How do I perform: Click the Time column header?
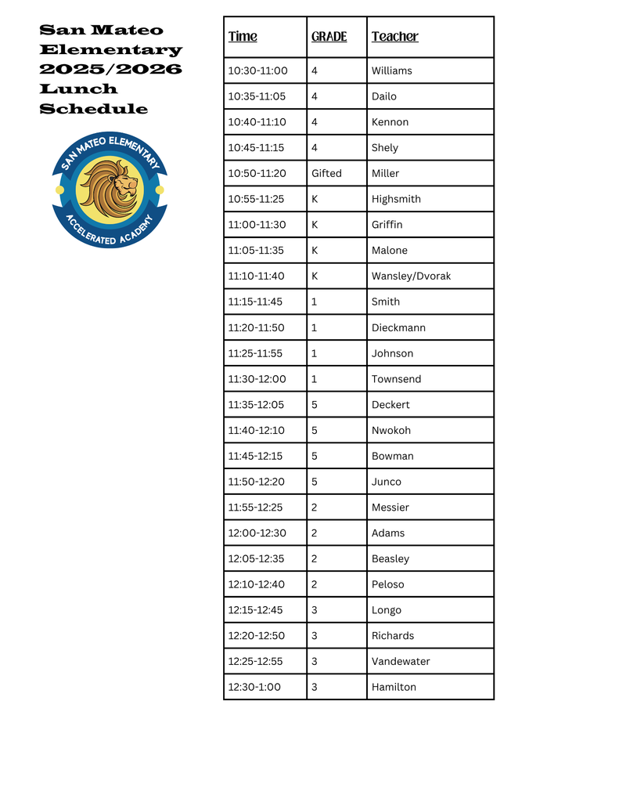(243, 37)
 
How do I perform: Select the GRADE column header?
(329, 37)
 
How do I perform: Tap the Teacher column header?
(394, 37)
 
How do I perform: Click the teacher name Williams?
(391, 70)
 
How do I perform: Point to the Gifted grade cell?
(326, 173)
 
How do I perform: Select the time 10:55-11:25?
(257, 199)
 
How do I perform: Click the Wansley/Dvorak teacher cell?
(411, 276)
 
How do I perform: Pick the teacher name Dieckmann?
(398, 327)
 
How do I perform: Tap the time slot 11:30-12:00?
(257, 379)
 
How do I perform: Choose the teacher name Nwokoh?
(390, 430)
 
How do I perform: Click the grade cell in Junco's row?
(315, 482)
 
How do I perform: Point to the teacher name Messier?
(390, 508)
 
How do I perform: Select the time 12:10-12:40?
(257, 584)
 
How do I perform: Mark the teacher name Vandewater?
(401, 661)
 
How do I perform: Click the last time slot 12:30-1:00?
(254, 687)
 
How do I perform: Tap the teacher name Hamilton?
(394, 687)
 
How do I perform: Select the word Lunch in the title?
(78, 89)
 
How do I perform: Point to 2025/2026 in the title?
(110, 69)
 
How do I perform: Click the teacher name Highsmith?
(396, 199)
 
